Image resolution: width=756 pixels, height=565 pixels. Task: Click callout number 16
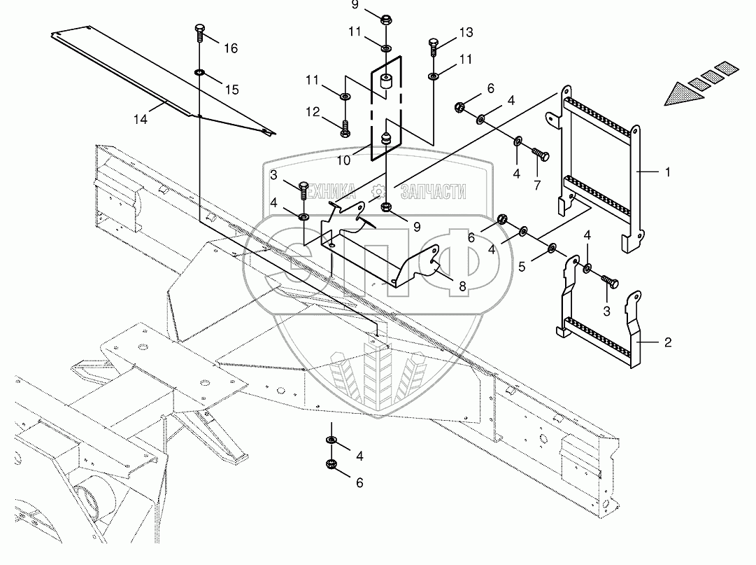pos(231,48)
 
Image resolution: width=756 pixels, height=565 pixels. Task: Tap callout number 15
pos(232,90)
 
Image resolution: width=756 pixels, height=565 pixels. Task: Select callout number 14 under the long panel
pos(141,119)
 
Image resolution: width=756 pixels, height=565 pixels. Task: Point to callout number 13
pos(466,32)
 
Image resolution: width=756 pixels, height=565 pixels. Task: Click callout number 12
pos(313,112)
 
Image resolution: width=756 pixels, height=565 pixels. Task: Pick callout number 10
pos(343,160)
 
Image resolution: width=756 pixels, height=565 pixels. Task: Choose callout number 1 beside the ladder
pos(668,172)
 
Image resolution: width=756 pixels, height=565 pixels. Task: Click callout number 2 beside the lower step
pos(668,342)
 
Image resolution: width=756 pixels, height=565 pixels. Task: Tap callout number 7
pos(537,185)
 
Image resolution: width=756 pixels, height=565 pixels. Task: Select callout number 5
pos(522,267)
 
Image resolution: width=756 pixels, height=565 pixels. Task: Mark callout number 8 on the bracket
pos(462,286)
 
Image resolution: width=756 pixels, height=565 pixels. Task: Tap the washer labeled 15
pos(199,73)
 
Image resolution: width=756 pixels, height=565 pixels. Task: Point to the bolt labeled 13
pos(432,48)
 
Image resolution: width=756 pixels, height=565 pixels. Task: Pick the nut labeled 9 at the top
pos(386,20)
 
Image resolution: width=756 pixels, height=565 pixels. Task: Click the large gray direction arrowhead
pos(682,94)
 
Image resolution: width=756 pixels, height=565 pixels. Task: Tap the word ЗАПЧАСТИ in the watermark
pos(434,192)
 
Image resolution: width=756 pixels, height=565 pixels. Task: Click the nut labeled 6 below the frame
pos(331,464)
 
